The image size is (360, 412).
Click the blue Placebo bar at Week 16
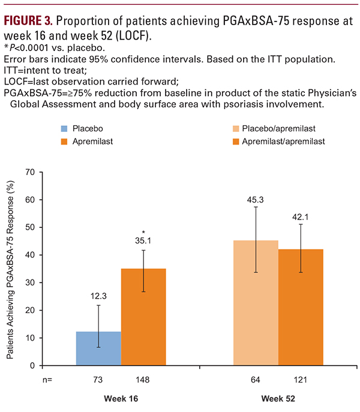click(x=98, y=348)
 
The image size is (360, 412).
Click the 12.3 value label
click(x=98, y=295)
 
